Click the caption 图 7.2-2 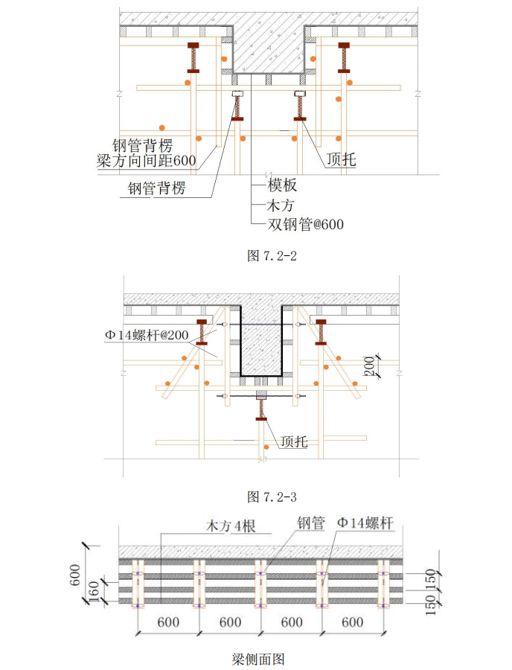click(272, 256)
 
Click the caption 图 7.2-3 click(272, 496)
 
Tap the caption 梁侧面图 click(257, 659)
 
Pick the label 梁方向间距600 click(147, 159)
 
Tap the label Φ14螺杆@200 click(147, 335)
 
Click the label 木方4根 click(231, 526)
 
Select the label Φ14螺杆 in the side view click(364, 523)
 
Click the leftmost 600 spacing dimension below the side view click(167, 622)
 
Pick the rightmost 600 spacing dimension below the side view click(353, 622)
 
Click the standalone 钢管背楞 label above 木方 click(156, 190)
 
